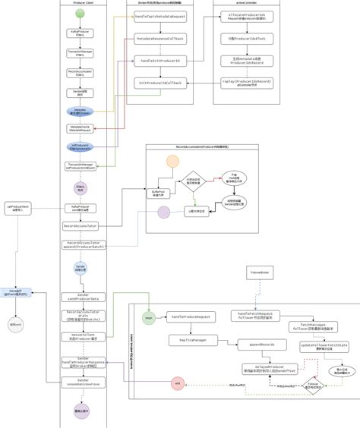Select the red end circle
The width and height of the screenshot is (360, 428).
click(178, 384)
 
